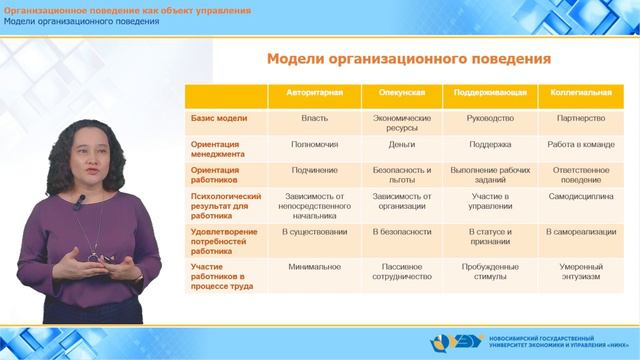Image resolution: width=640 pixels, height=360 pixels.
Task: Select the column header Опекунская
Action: (x=402, y=92)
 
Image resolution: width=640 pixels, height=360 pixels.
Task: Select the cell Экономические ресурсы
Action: (x=402, y=122)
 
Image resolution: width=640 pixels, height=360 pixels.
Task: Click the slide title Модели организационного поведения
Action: (x=408, y=59)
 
